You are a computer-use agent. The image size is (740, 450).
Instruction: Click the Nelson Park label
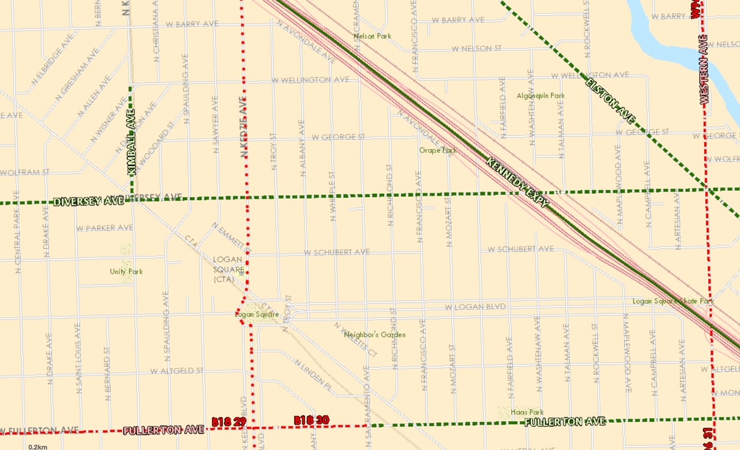372,36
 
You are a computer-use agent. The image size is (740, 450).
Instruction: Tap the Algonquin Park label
541,95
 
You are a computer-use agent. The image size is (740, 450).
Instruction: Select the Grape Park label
438,150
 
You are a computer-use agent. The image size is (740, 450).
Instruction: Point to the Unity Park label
126,271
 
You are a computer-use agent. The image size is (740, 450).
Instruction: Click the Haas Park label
527,412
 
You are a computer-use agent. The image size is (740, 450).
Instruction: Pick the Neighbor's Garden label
375,334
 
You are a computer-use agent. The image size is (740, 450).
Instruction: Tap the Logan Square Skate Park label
673,301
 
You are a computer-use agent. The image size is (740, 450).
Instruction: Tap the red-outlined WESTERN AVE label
704,69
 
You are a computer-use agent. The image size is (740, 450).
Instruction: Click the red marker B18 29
230,423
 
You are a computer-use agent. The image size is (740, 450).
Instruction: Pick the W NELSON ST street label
476,49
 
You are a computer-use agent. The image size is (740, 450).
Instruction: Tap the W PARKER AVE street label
104,228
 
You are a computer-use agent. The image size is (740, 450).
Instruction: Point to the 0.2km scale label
38,447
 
